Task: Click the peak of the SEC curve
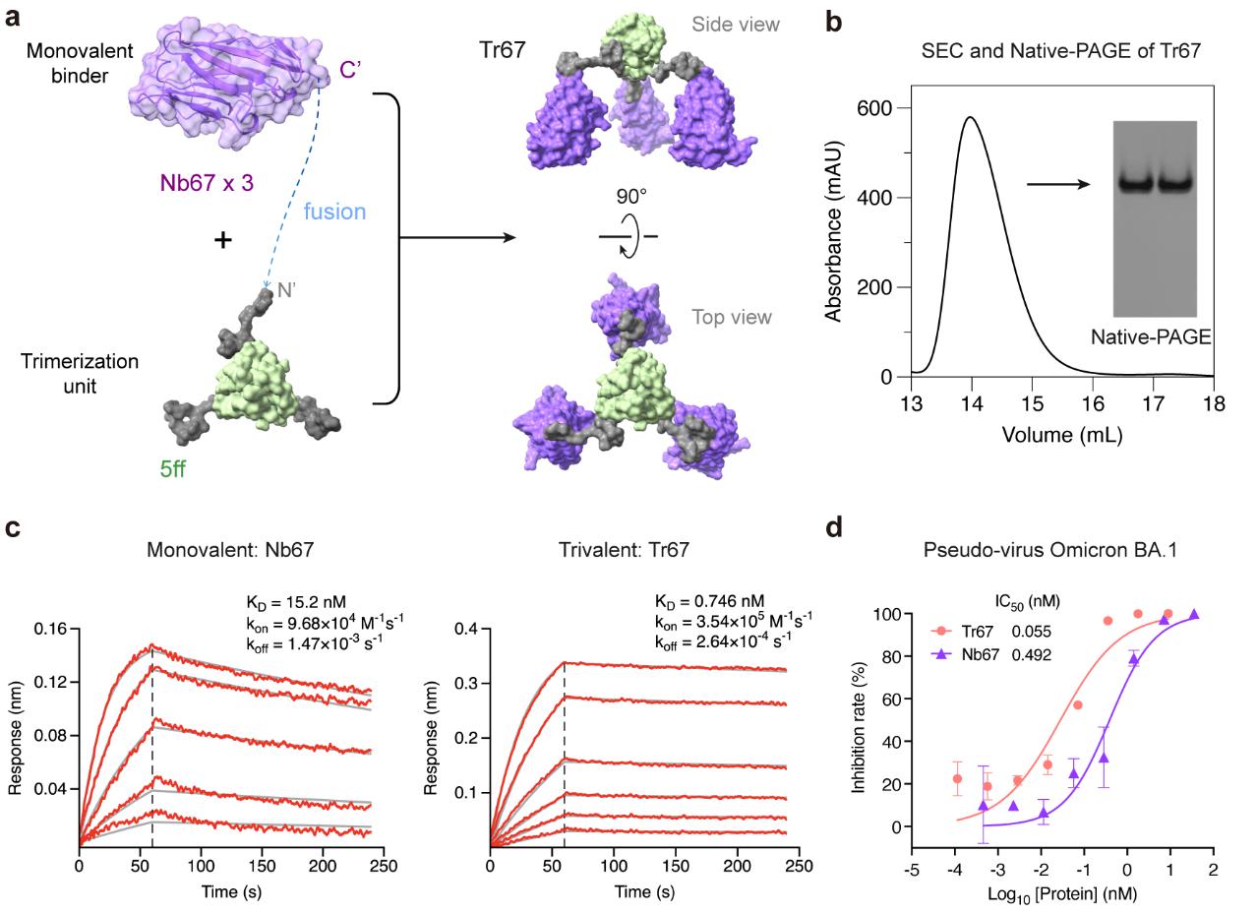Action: pos(971,117)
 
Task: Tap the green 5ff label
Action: pos(172,469)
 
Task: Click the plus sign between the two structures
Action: pos(223,239)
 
